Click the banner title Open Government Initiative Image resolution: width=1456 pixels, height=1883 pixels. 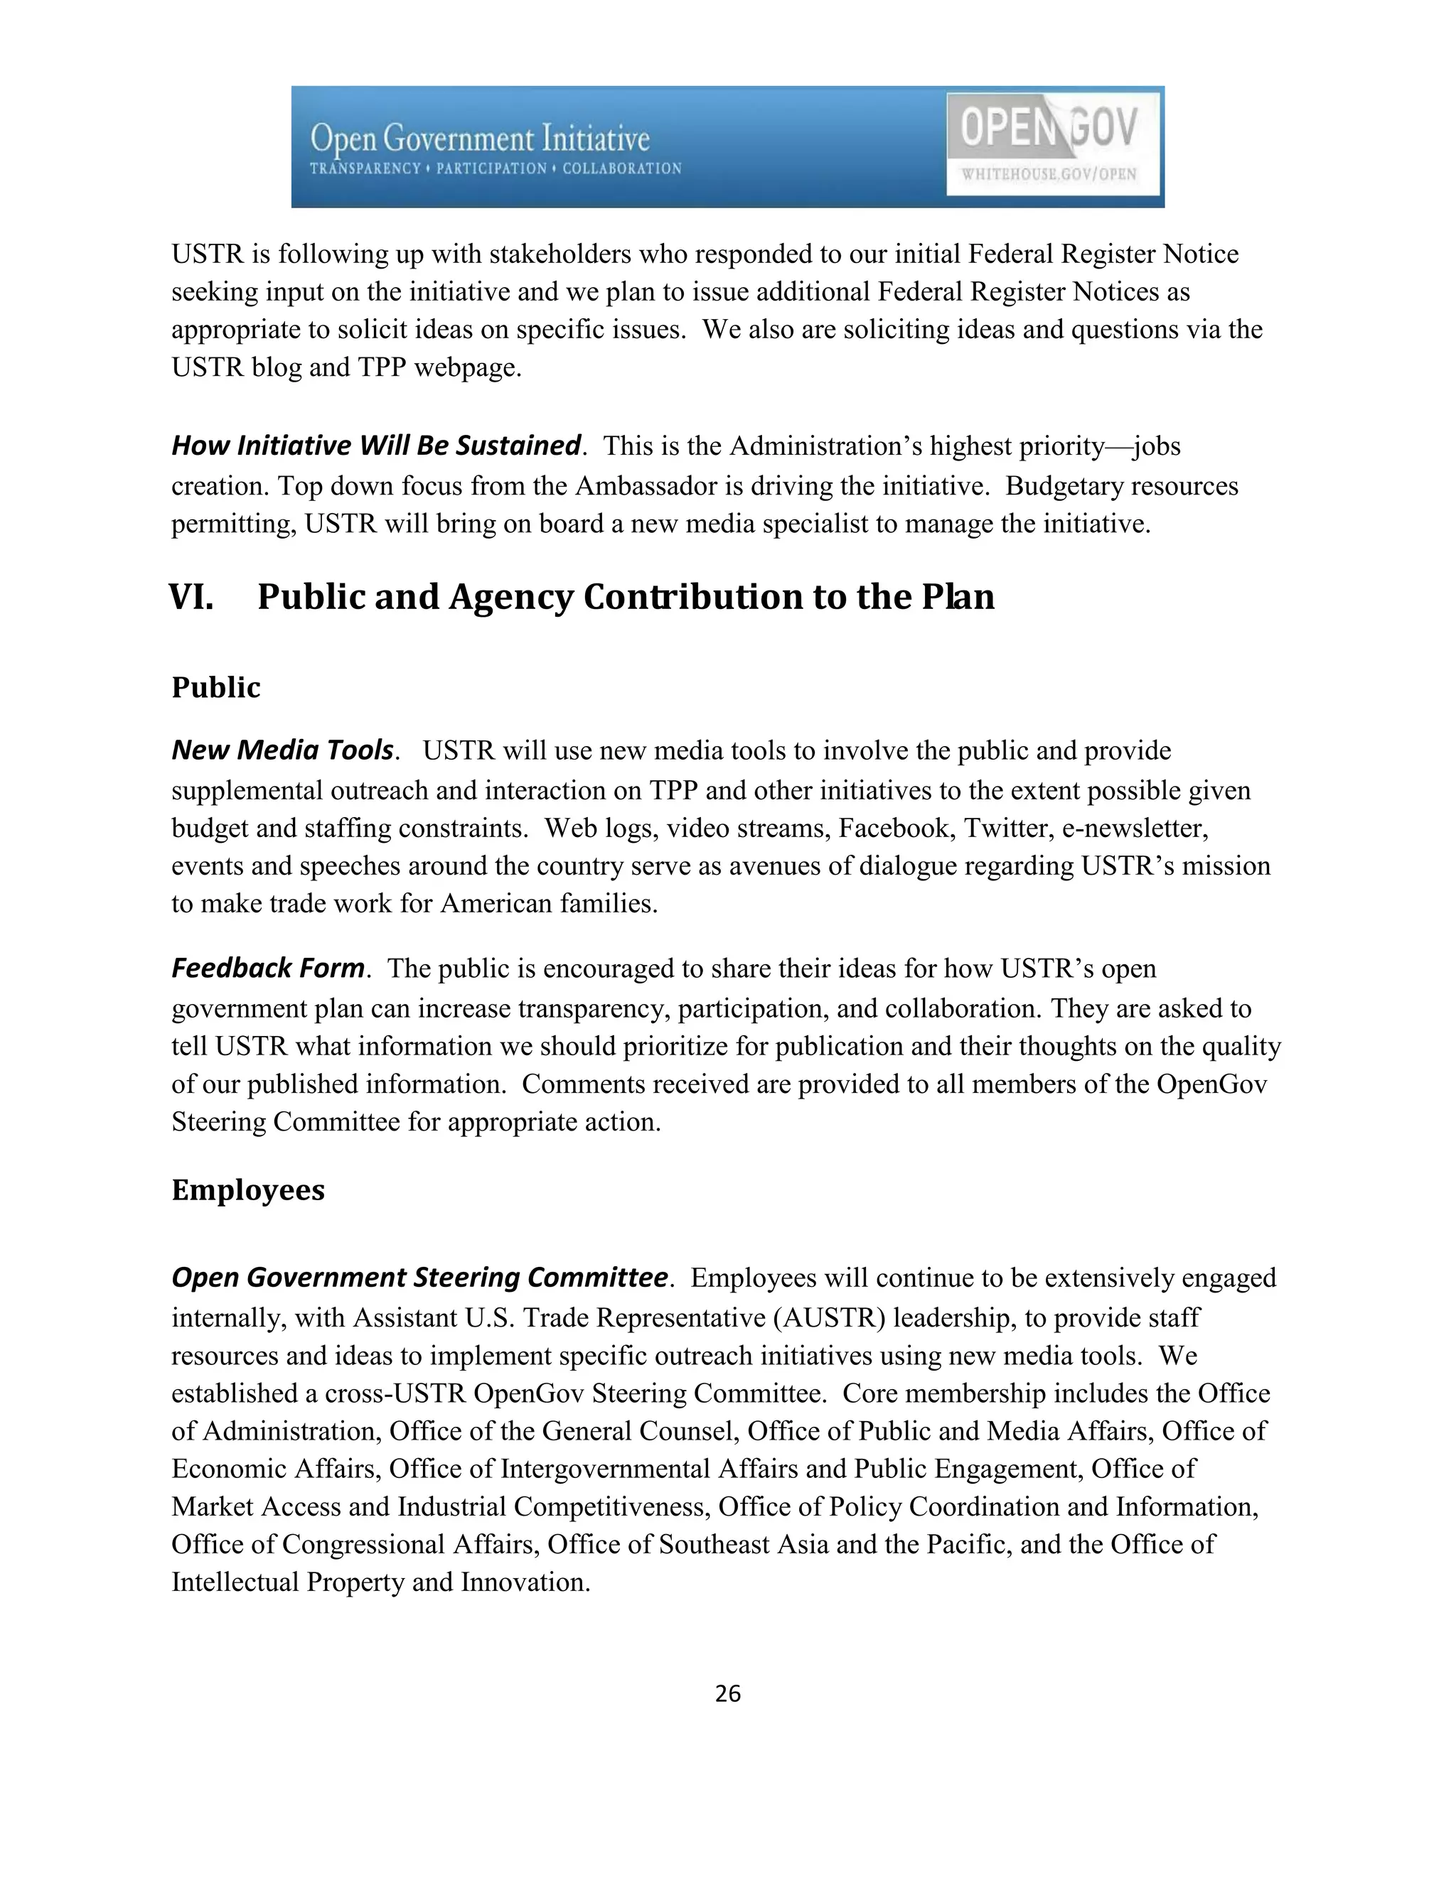(480, 139)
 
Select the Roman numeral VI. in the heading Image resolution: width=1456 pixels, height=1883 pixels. (191, 597)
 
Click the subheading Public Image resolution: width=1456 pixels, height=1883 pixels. (215, 687)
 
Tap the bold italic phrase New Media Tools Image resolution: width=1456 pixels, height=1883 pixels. (283, 750)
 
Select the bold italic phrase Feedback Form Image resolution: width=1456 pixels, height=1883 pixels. (268, 969)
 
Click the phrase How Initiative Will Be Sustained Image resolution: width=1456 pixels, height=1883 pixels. (376, 446)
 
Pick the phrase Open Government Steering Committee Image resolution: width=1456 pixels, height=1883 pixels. (420, 1277)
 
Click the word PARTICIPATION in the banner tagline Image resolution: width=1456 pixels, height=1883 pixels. (491, 169)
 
